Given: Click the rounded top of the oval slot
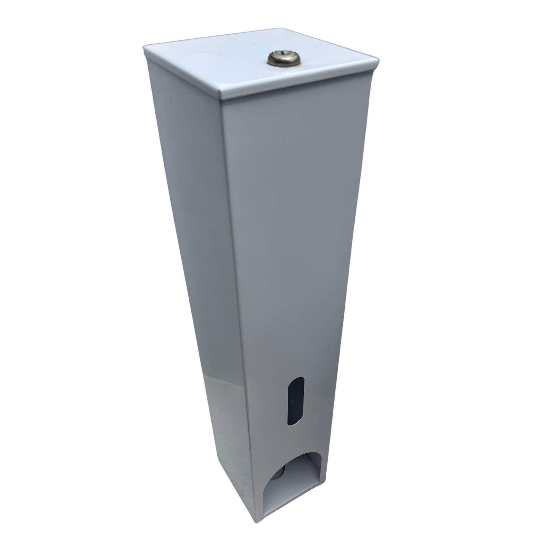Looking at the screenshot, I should pos(297,379).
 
